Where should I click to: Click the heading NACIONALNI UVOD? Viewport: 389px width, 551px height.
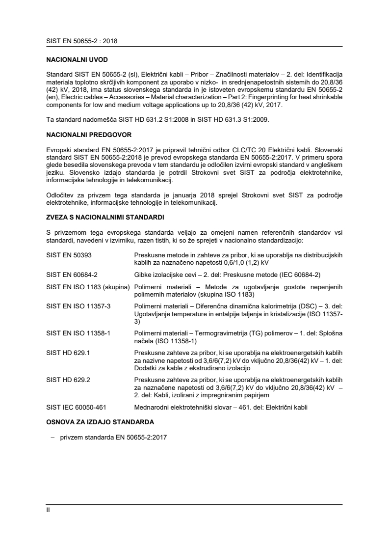click(73, 59)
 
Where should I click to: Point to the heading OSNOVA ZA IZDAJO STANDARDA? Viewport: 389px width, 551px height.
click(100, 422)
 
